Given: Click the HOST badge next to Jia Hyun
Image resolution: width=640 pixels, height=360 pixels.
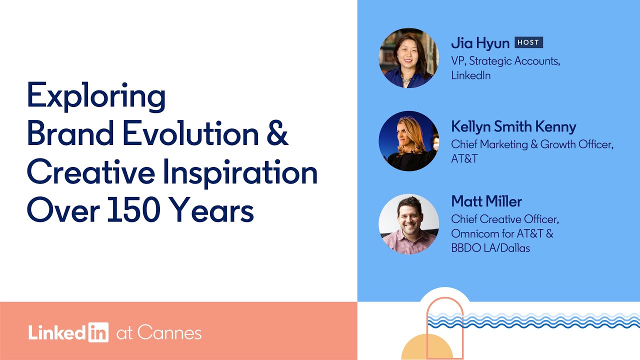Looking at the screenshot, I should point(528,42).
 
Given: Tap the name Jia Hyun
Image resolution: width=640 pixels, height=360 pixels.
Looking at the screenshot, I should point(480,43).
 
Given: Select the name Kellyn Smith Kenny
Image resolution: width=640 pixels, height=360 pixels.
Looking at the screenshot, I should point(513,126).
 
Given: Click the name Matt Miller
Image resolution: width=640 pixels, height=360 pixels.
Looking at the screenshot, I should point(486,201).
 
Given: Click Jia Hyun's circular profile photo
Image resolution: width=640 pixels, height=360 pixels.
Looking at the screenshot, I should point(408,58).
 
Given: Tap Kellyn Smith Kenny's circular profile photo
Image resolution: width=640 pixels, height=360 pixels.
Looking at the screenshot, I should point(408,141).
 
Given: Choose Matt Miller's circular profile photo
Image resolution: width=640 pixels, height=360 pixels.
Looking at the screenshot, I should point(408,224).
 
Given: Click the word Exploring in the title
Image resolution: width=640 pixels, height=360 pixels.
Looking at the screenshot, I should point(96,96).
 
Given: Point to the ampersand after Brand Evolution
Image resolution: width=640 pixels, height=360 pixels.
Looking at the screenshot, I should point(276,135).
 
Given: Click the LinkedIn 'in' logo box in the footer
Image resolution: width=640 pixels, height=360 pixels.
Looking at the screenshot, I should point(98,332).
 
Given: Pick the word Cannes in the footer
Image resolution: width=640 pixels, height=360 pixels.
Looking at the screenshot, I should point(169,332).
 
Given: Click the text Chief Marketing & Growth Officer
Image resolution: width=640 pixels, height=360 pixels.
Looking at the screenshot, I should point(532,144).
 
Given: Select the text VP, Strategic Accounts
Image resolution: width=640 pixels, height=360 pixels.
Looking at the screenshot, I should point(505,61).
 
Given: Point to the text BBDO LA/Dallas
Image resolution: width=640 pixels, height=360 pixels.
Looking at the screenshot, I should point(490,247).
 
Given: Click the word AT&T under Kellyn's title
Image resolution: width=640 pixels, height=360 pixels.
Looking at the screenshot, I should point(465,158).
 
